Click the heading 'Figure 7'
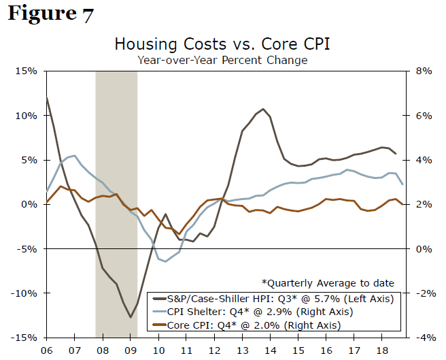(51, 14)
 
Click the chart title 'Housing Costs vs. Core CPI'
(222, 45)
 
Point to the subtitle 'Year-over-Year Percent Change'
(222, 60)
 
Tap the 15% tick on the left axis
(26, 71)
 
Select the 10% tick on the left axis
(26, 116)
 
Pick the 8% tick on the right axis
(424, 71)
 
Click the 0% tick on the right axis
(424, 249)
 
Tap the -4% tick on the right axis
(422, 338)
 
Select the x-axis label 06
(47, 349)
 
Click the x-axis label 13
(243, 349)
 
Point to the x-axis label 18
(383, 349)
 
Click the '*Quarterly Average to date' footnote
(328, 283)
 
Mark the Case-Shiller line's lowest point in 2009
(131, 317)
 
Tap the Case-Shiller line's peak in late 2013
(262, 108)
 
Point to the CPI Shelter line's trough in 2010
(165, 261)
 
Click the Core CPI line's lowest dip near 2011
(179, 235)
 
